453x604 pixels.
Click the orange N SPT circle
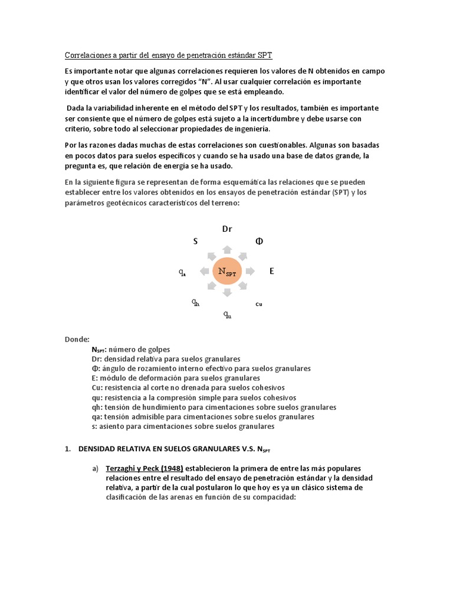click(x=228, y=271)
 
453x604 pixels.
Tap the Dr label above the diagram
click(x=228, y=229)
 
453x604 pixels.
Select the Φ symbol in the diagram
click(x=258, y=241)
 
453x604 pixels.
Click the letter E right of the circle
click(x=272, y=271)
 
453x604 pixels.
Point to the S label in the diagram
click(x=195, y=241)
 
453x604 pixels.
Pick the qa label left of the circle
click(x=183, y=273)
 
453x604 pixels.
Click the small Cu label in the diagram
click(x=258, y=304)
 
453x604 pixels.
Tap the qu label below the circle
click(x=227, y=314)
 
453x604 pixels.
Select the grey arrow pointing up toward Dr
click(x=228, y=247)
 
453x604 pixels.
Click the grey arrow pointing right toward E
click(x=250, y=271)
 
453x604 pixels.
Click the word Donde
click(x=77, y=339)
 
